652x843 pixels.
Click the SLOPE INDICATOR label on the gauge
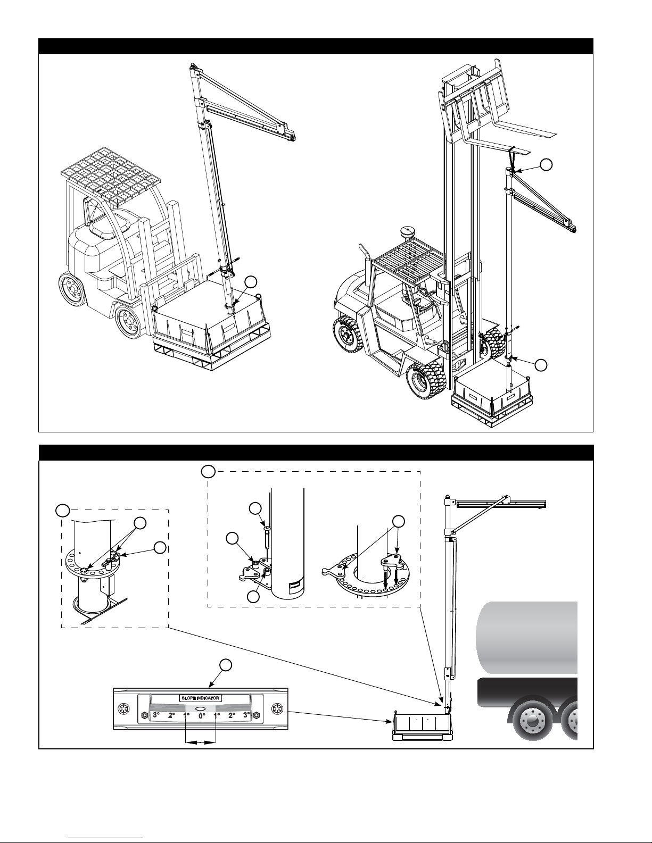click(x=201, y=698)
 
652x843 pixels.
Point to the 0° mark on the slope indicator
click(x=202, y=715)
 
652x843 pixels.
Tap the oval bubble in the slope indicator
click(x=201, y=708)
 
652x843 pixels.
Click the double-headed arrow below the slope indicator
click(x=201, y=742)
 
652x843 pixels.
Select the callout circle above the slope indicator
click(x=226, y=665)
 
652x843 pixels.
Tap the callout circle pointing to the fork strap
click(x=547, y=164)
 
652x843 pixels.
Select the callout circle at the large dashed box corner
click(x=209, y=471)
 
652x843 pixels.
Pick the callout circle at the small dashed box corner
click(x=62, y=510)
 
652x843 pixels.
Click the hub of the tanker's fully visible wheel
click(x=532, y=722)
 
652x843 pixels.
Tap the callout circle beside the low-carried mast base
click(x=251, y=282)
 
